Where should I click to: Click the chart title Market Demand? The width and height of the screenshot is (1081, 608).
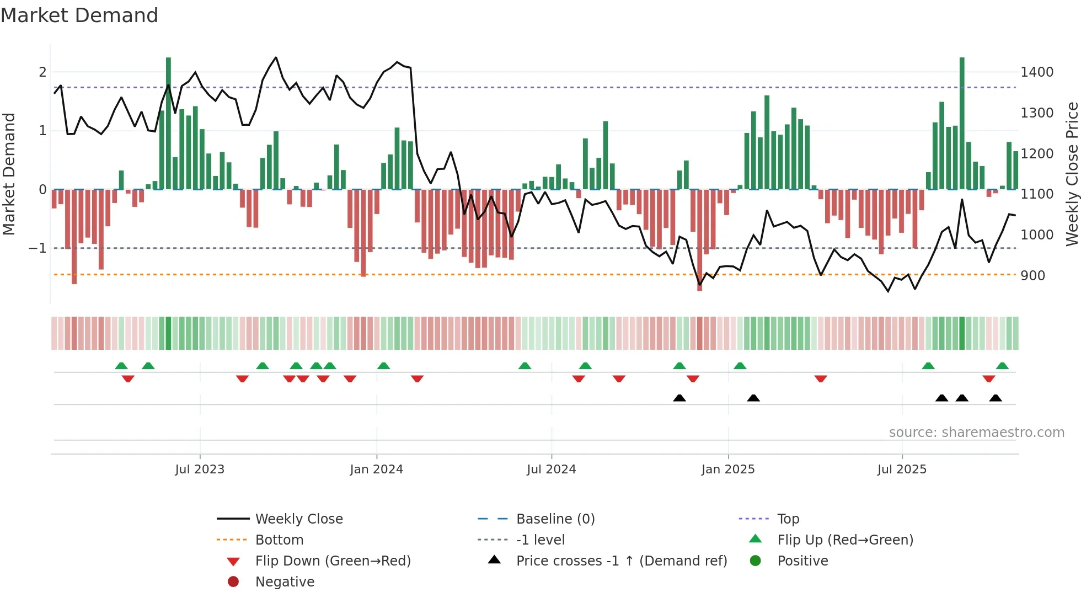[79, 15]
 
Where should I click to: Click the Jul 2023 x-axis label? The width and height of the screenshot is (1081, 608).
[200, 470]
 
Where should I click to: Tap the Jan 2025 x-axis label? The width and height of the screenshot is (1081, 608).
[728, 470]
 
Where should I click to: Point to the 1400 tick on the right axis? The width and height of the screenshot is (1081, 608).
[1037, 72]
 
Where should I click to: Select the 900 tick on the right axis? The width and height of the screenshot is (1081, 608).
[1032, 276]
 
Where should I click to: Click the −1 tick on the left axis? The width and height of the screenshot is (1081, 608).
[38, 248]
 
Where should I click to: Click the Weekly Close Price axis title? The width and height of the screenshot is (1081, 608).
[1072, 174]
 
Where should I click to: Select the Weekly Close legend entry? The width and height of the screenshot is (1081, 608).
[299, 519]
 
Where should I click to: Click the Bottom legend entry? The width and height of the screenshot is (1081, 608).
[279, 540]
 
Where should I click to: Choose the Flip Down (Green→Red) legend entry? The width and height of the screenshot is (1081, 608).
[333, 561]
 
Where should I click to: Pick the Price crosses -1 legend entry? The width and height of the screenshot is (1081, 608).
[622, 561]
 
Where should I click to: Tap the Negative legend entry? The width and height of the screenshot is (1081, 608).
[285, 582]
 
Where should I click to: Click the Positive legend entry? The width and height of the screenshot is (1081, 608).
[802, 561]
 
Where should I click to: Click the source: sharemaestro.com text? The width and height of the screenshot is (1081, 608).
[976, 433]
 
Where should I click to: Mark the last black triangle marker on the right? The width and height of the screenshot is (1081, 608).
[996, 398]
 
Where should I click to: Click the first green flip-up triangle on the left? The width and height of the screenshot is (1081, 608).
[121, 366]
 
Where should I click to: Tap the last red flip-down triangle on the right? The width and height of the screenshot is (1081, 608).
[988, 379]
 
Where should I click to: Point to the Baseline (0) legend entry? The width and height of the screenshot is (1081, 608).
[555, 519]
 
